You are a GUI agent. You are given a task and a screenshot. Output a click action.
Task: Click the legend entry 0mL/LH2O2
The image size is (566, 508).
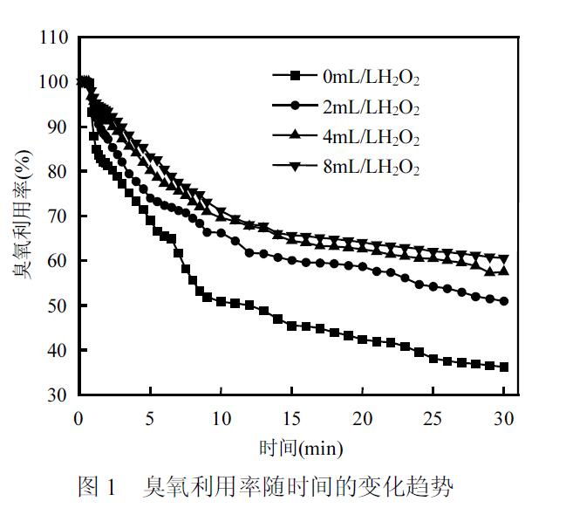click(371, 78)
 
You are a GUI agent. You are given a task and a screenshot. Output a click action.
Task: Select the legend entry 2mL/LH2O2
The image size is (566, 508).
click(371, 108)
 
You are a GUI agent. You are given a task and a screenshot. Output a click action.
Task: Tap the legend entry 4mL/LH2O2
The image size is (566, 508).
click(371, 138)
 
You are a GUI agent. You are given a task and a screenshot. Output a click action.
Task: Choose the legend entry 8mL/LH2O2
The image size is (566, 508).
click(371, 168)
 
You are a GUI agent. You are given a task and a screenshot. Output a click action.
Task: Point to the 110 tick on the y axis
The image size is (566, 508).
click(54, 38)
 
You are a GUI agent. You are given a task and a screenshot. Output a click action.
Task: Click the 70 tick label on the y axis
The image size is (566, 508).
click(58, 216)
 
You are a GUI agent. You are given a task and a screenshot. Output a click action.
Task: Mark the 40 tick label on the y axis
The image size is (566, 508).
click(58, 350)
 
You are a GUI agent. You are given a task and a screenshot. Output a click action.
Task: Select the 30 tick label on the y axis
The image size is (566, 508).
click(58, 395)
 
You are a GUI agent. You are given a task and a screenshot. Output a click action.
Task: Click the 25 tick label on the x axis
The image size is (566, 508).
click(433, 415)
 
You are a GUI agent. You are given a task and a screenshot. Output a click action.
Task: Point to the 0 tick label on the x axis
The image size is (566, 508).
click(78, 415)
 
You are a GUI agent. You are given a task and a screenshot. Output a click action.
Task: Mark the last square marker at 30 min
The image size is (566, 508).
click(504, 367)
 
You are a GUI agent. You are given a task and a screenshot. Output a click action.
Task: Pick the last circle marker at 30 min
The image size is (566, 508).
click(504, 300)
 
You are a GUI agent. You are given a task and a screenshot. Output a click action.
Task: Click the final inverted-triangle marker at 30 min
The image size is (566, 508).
click(504, 259)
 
